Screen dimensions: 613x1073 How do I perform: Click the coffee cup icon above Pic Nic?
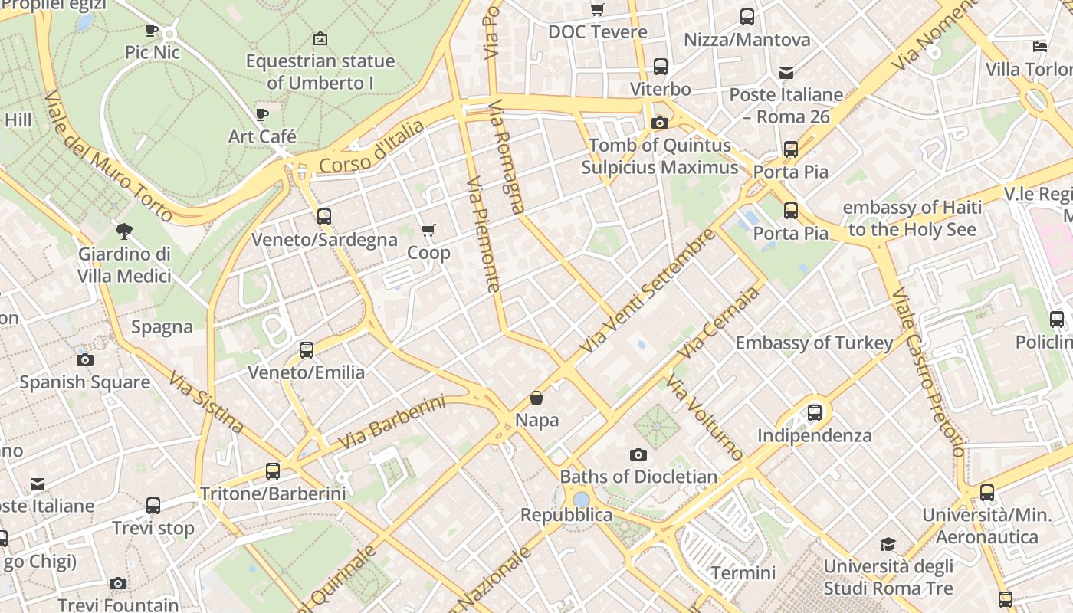152,30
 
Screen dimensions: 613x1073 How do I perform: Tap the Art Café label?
262,136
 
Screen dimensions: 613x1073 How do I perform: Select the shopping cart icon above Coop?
428,230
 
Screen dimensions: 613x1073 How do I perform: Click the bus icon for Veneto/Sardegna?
324,217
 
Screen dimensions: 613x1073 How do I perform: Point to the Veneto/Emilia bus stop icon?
307,350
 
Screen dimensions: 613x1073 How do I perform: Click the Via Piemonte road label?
484,235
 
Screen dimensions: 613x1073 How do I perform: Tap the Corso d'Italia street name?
371,147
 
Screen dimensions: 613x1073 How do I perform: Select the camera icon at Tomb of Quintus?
659,123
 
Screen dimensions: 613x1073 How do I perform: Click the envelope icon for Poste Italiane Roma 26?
786,73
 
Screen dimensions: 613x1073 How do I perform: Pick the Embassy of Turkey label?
814,343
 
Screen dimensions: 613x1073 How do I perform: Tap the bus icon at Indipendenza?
815,413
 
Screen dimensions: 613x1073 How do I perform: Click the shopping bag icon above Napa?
536,398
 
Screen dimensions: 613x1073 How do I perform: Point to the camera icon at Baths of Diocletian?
638,454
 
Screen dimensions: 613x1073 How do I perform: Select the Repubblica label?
566,515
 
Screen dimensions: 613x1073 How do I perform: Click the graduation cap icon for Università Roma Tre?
888,545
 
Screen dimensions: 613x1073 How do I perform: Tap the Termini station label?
743,572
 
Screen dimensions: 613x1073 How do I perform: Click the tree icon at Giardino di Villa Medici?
123,231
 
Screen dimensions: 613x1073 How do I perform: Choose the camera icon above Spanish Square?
84,359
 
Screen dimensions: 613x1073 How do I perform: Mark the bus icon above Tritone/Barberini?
273,471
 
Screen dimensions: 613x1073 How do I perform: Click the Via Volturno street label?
704,418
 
